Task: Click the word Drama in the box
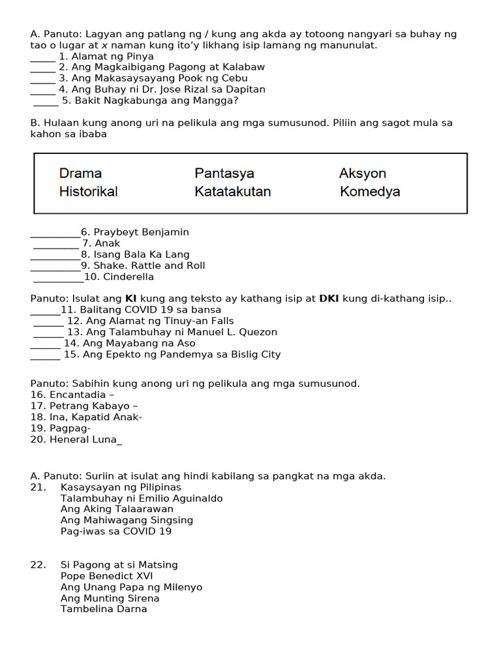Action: point(80,174)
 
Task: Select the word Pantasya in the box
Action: point(224,174)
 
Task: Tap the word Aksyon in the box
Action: point(362,174)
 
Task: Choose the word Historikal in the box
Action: point(88,192)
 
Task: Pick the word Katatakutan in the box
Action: point(232,192)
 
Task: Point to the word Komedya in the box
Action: point(370,192)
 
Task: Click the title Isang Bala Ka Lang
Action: point(141,254)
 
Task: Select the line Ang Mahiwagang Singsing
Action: point(127,520)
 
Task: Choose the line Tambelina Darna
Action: point(104,609)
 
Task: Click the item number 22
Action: point(37,565)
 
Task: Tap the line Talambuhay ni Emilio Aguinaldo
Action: point(142,498)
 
